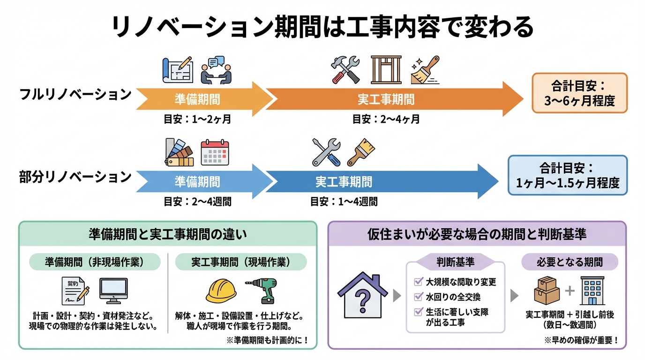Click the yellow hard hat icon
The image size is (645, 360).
point(221,291)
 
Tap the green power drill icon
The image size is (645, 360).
point(262,290)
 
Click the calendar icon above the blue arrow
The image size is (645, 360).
point(215,153)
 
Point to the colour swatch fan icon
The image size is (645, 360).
point(179,153)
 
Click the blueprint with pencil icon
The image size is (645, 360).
point(177,70)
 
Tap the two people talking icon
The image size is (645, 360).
point(216,70)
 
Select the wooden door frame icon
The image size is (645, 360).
point(386,70)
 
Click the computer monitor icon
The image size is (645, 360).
point(113,291)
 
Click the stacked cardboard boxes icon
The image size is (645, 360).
point(547,291)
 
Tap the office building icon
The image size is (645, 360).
point(592,290)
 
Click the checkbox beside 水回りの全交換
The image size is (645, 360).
point(418,297)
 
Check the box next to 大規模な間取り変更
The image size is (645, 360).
point(418,282)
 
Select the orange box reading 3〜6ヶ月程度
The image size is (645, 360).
point(579,93)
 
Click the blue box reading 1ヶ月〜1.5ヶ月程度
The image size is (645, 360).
point(567,175)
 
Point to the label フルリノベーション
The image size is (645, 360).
point(75,95)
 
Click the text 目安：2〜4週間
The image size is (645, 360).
point(197,202)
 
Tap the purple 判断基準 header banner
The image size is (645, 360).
point(455,262)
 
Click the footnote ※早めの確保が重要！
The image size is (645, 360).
point(581,341)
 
